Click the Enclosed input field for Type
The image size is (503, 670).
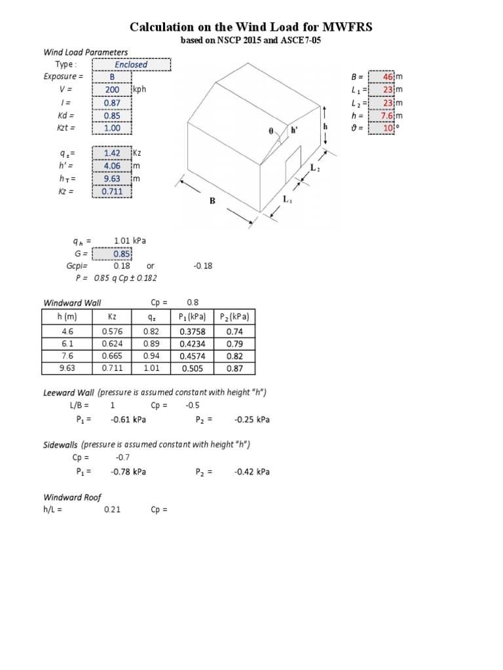(132, 65)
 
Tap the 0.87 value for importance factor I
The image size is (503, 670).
(112, 103)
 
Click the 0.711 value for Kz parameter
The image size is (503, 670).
(112, 191)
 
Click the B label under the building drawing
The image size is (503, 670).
(212, 202)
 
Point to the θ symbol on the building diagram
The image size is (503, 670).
(270, 130)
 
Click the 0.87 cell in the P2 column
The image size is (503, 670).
(235, 368)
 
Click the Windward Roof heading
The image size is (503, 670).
(72, 497)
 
